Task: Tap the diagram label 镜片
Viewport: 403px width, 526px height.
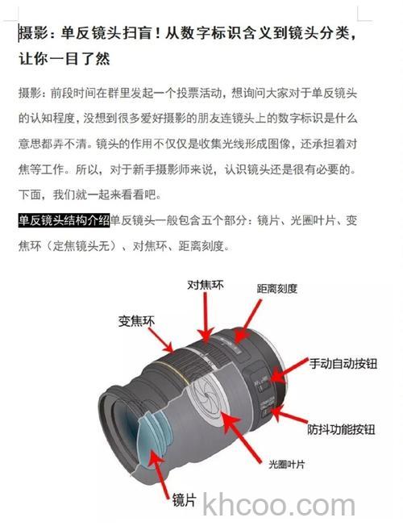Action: pos(184,501)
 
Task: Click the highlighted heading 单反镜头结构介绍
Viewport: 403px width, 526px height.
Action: pos(64,219)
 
